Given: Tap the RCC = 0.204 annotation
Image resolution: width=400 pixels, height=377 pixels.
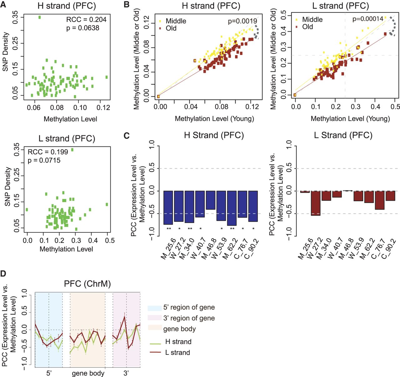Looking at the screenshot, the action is tap(86, 20).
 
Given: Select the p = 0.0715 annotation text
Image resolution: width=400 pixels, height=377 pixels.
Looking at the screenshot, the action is tap(44, 160).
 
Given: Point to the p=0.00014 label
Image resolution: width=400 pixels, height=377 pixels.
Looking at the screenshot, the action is tap(368, 19).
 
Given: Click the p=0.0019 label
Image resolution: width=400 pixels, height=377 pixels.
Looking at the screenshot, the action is tap(242, 21).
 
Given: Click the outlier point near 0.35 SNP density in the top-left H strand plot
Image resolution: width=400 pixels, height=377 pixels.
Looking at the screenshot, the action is tap(40, 17).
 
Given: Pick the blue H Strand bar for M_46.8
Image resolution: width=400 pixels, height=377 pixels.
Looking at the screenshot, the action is tap(211, 200).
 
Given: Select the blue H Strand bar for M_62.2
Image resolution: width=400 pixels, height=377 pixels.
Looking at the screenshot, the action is tap(232, 208).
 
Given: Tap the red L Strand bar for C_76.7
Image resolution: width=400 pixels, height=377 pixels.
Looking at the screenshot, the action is tap(380, 200).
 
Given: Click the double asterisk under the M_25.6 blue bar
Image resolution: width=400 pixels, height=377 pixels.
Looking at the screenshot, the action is tap(169, 229).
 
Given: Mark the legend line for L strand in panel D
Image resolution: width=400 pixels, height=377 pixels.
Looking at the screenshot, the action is tap(155, 352).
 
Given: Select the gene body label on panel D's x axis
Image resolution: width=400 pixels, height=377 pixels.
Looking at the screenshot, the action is tap(88, 373).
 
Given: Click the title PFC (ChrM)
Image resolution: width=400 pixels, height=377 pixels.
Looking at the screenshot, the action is tap(87, 283).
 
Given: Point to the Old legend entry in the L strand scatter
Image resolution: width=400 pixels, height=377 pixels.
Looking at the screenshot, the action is tap(304, 27).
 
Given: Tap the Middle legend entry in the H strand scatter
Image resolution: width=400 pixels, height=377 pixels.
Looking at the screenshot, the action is tap(173, 21).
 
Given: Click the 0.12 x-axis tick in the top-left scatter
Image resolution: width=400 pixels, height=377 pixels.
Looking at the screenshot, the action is tap(103, 108).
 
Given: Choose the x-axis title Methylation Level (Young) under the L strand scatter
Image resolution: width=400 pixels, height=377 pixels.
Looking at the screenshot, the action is tap(350, 119).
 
